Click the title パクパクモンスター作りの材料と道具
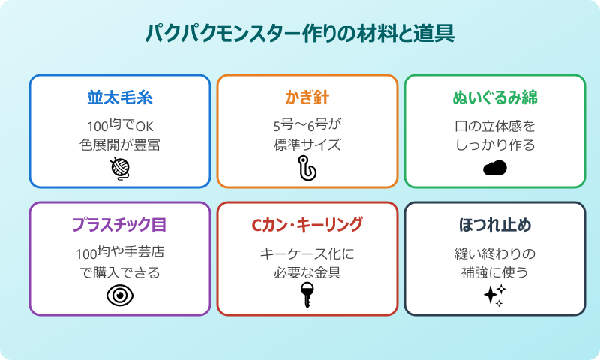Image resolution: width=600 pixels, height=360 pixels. [x=300, y=34]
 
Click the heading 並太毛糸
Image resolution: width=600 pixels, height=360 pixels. [x=120, y=98]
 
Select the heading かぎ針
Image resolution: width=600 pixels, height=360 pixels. [x=307, y=98]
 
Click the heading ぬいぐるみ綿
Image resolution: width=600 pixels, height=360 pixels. [x=495, y=98]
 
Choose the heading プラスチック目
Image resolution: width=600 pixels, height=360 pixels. [x=120, y=226]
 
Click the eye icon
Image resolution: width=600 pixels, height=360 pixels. [x=120, y=295]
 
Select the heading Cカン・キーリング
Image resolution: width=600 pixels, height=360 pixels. [x=307, y=226]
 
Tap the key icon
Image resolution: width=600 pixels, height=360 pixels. [x=307, y=295]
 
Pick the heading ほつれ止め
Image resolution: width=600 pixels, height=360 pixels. [x=495, y=226]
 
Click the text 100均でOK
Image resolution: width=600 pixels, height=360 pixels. [x=120, y=125]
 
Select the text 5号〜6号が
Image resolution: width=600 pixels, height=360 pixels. [x=307, y=125]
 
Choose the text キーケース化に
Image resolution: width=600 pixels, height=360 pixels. [x=307, y=253]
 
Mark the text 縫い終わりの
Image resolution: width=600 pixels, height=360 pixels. [x=495, y=253]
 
